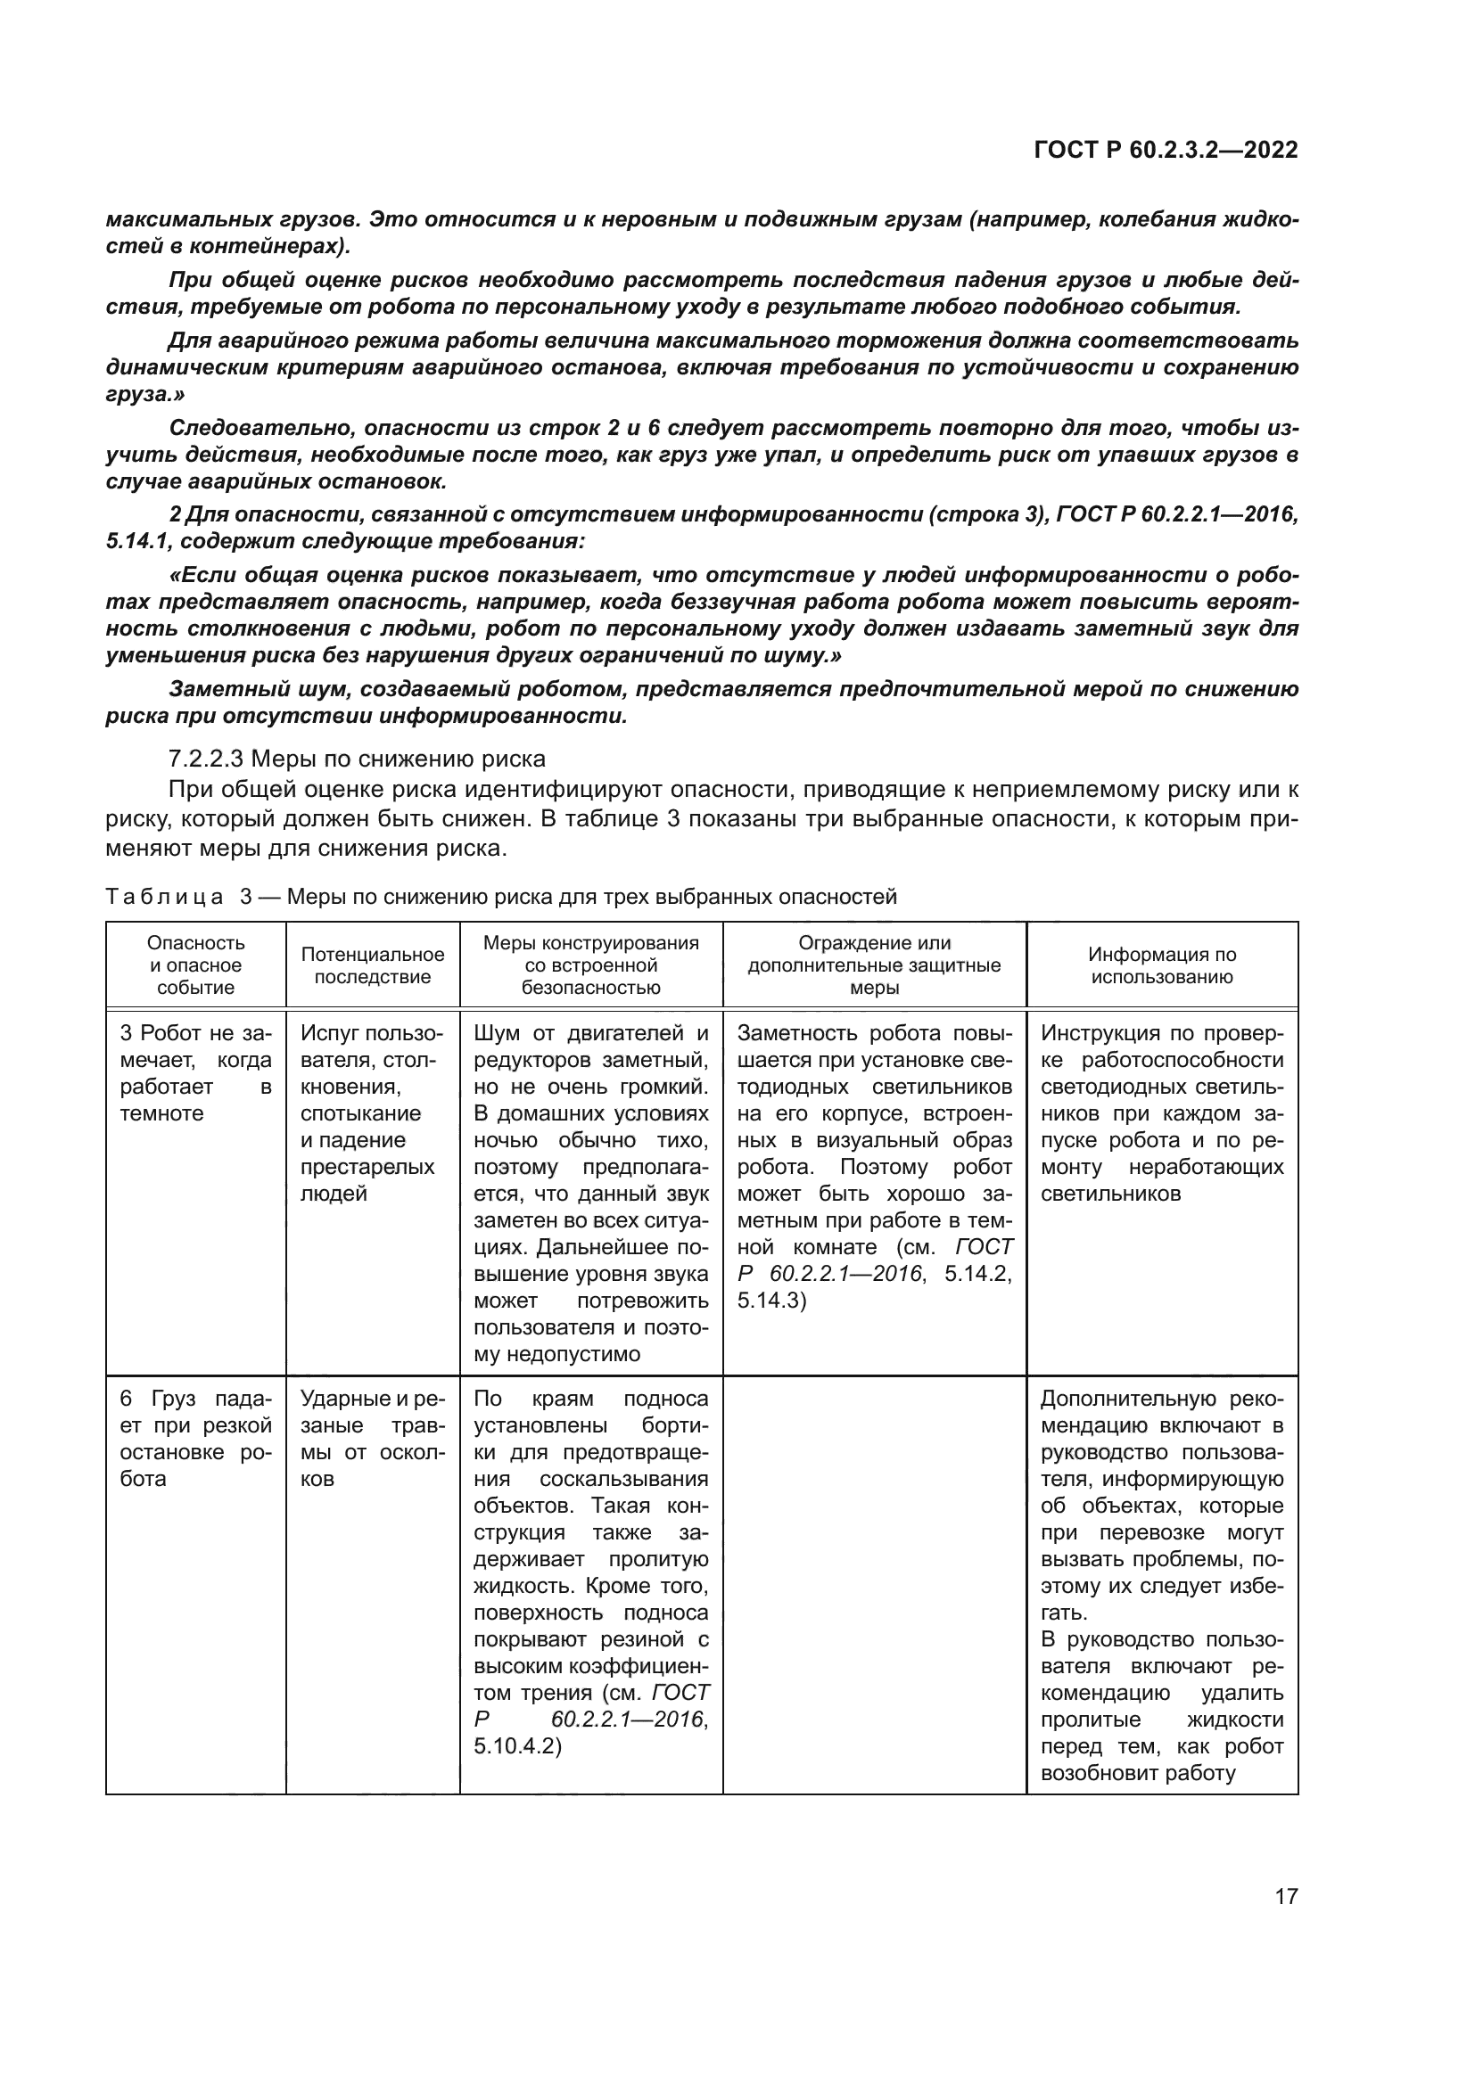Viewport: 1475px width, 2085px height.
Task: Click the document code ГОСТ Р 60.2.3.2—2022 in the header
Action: (x=1166, y=150)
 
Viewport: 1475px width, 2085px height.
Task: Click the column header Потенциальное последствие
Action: (x=373, y=965)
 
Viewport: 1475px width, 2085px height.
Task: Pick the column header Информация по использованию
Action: (x=1162, y=965)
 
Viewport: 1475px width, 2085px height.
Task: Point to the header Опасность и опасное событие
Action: (x=195, y=965)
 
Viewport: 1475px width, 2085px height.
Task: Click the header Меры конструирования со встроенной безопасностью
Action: (x=590, y=965)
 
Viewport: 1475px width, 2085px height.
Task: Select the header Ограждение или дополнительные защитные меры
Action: (x=874, y=965)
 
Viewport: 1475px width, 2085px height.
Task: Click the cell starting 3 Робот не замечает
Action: (x=195, y=1073)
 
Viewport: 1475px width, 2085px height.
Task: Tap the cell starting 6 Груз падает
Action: (x=195, y=1439)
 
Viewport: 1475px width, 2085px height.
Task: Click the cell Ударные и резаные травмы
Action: (x=373, y=1439)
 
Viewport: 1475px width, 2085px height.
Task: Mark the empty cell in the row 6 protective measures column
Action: (x=874, y=1580)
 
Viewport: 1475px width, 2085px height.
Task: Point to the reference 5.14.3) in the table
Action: (x=771, y=1301)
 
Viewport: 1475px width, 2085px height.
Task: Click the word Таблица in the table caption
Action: (x=164, y=898)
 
